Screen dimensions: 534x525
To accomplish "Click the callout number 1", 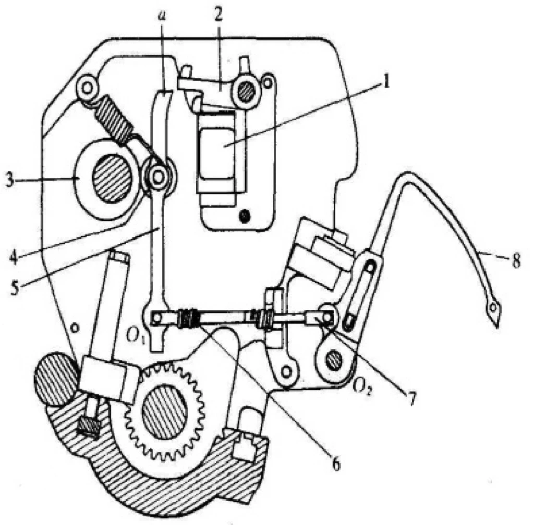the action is tap(386, 82).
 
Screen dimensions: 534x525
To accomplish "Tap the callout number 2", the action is tap(219, 14).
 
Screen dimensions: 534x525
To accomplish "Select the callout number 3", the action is tap(10, 180).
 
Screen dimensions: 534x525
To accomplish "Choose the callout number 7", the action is tap(411, 398).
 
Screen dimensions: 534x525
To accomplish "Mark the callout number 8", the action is tap(516, 260).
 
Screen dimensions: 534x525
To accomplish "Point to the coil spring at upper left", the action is tap(114, 118).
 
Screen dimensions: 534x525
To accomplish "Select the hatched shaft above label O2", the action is tap(334, 360).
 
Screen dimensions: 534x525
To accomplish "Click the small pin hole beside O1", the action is tap(156, 318).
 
